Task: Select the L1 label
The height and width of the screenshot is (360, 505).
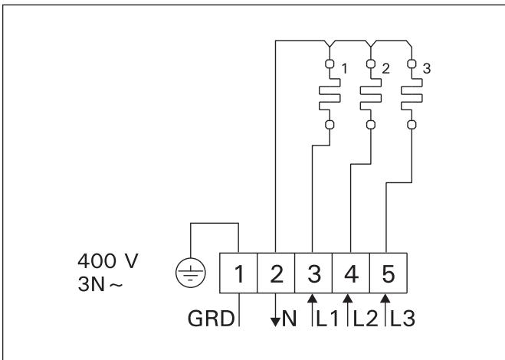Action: (x=327, y=318)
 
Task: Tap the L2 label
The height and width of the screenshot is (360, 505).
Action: (x=365, y=318)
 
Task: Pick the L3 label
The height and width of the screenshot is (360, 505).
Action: (x=402, y=318)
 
